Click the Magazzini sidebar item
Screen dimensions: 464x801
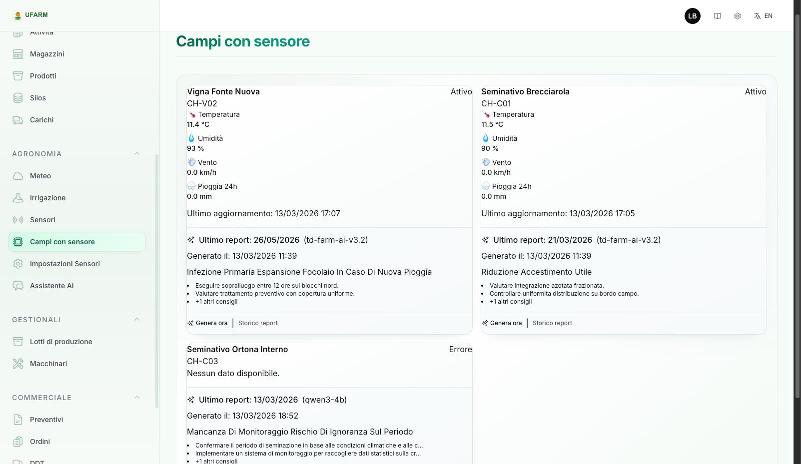(x=47, y=54)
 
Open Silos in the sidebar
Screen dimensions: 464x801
(x=37, y=98)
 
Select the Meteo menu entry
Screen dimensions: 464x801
(x=40, y=176)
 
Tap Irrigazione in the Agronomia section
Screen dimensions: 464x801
(x=47, y=198)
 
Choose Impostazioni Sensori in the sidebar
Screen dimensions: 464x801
(x=64, y=264)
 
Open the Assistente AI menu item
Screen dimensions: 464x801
(x=51, y=286)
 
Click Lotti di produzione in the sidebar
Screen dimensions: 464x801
(x=60, y=342)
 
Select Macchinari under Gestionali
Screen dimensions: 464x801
(x=48, y=364)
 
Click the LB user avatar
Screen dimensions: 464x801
(x=692, y=16)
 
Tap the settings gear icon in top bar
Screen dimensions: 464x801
(x=738, y=16)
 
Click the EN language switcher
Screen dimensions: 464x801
(x=763, y=16)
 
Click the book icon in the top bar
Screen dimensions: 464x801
(x=718, y=16)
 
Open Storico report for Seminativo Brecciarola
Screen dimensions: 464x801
(x=552, y=323)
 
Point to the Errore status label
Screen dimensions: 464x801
(x=460, y=350)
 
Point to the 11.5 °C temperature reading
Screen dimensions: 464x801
(x=492, y=124)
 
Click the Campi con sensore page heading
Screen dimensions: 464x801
(x=243, y=41)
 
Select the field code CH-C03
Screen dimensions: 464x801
(x=202, y=361)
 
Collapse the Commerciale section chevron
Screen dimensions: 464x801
(x=137, y=398)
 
